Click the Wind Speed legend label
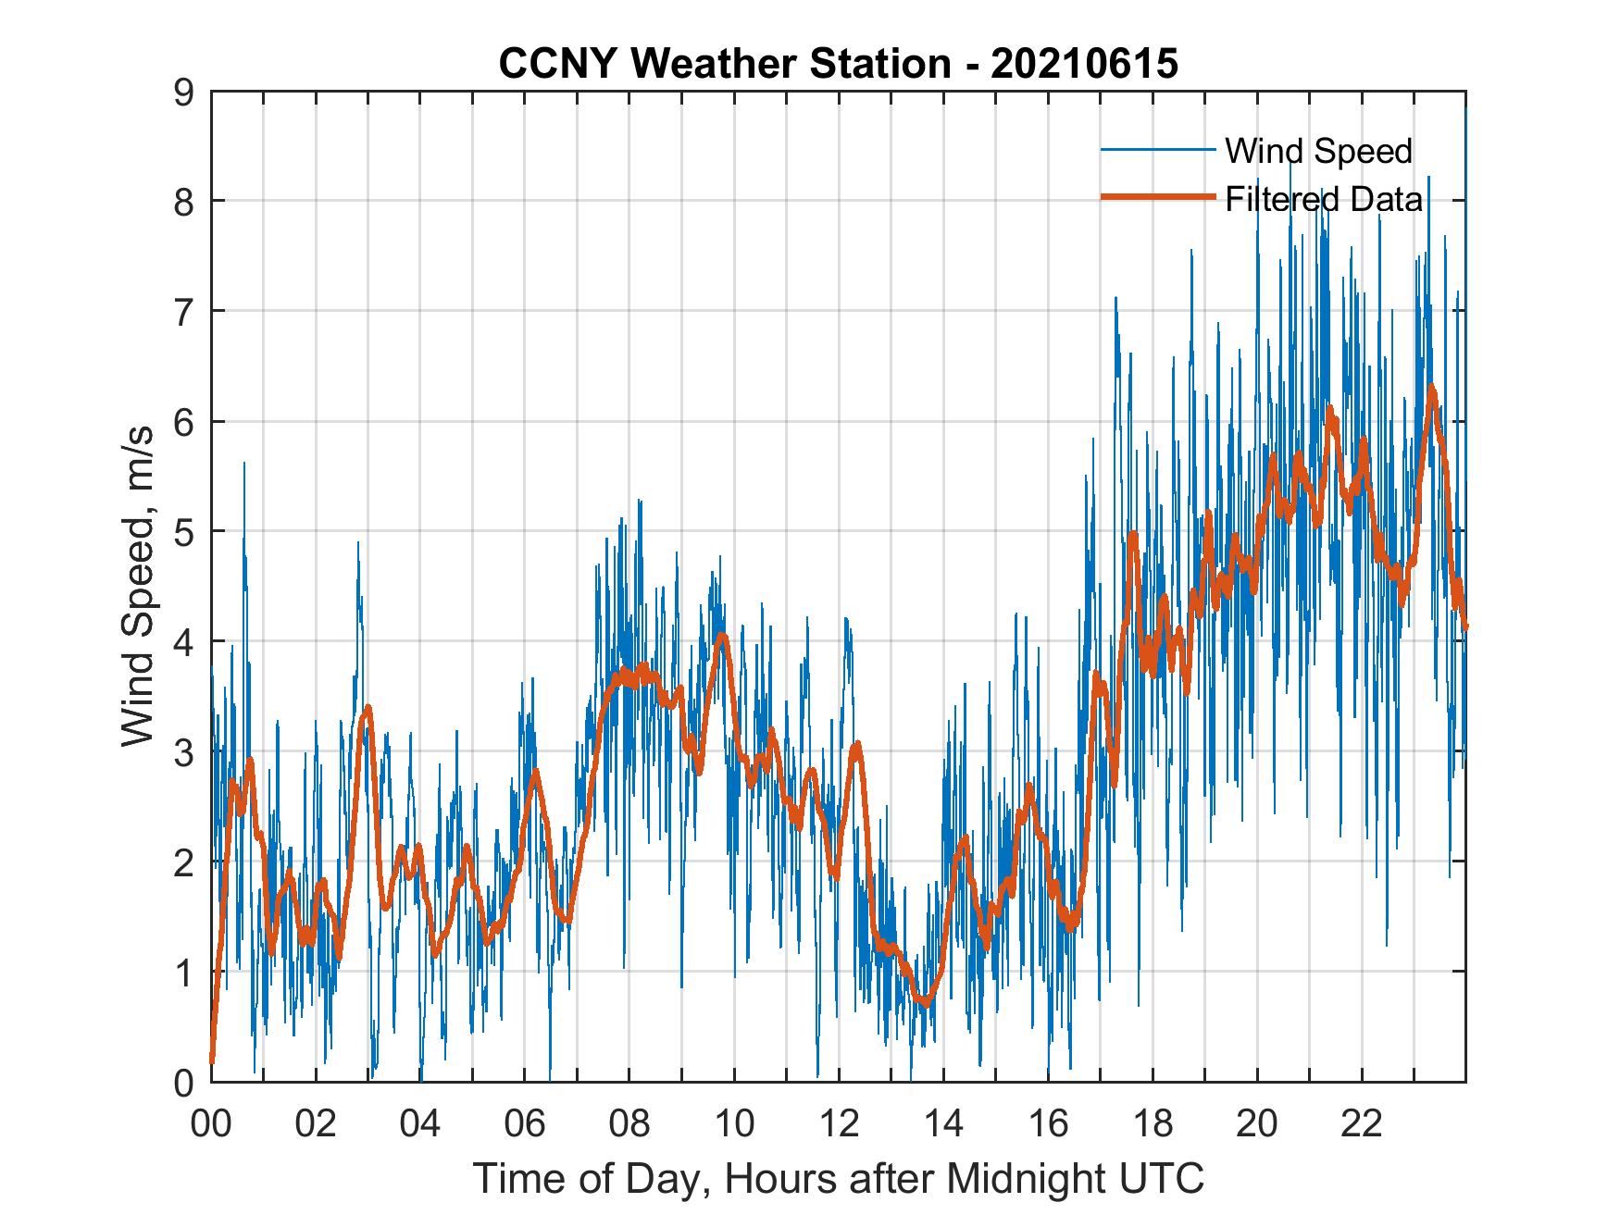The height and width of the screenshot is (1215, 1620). click(x=1318, y=151)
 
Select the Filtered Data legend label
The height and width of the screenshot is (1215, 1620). click(x=1324, y=199)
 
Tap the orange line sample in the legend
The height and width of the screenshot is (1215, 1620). click(x=1157, y=197)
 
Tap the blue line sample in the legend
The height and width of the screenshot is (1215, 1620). click(x=1157, y=150)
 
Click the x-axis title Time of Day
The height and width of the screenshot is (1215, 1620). click(x=839, y=1178)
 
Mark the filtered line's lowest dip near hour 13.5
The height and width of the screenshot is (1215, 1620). click(x=924, y=1002)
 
